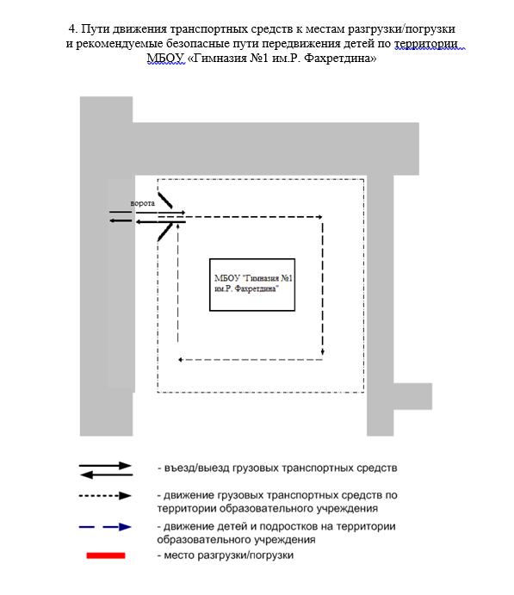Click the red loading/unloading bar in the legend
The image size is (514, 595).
pyautogui.click(x=106, y=555)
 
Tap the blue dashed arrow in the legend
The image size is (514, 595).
pyautogui.click(x=105, y=527)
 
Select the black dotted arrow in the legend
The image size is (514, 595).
pyautogui.click(x=105, y=496)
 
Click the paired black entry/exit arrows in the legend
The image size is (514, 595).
pyautogui.click(x=106, y=470)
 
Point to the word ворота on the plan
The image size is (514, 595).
pyautogui.click(x=143, y=203)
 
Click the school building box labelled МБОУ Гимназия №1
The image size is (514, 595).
pyautogui.click(x=252, y=285)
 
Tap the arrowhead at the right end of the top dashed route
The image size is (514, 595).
pyautogui.click(x=320, y=217)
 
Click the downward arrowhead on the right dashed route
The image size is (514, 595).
pyautogui.click(x=323, y=352)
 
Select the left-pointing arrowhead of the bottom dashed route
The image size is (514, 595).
pyautogui.click(x=181, y=359)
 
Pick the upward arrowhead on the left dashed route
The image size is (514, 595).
pyautogui.click(x=178, y=227)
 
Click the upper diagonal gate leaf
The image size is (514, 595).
pyautogui.click(x=165, y=201)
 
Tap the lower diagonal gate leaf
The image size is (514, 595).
pyautogui.click(x=165, y=232)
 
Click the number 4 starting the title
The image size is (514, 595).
pyautogui.click(x=72, y=28)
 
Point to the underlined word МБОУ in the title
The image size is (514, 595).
pyautogui.click(x=165, y=58)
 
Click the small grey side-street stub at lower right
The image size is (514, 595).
pyautogui.click(x=412, y=397)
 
